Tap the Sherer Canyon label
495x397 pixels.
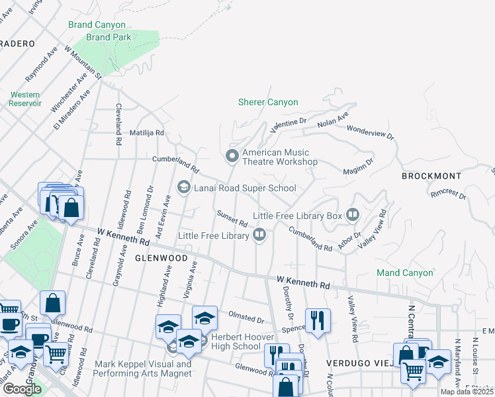point(268,102)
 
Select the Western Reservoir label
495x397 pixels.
point(25,99)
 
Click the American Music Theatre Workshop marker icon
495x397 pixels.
point(232,156)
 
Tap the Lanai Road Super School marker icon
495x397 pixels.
point(183,188)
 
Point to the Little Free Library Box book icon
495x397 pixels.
point(352,215)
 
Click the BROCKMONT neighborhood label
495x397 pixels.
point(431,176)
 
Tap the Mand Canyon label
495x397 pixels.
point(404,273)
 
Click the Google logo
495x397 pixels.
point(22,389)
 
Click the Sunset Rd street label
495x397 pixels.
point(232,218)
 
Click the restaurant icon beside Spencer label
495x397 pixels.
point(318,320)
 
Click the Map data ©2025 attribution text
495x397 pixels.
point(467,392)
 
